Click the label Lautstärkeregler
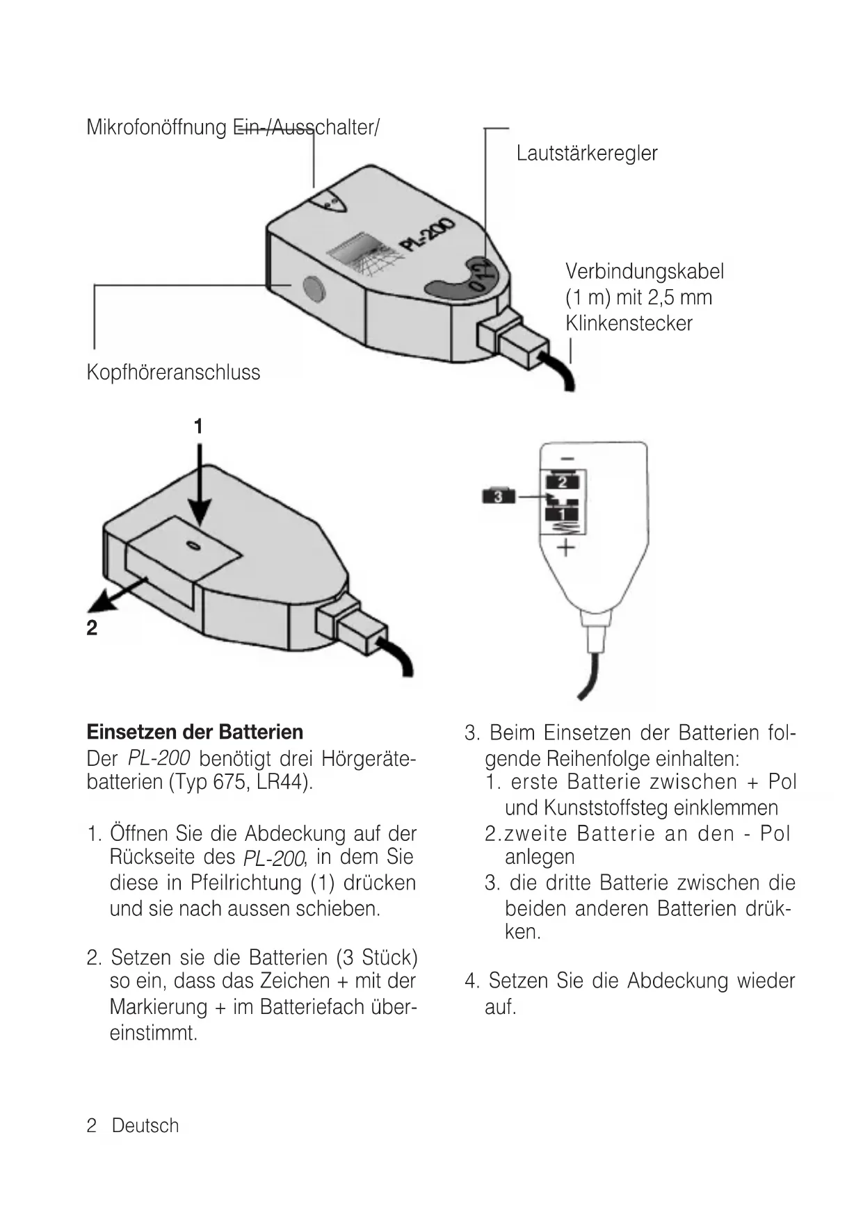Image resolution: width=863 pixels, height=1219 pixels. [x=586, y=154]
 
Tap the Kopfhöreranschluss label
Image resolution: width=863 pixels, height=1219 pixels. [x=173, y=373]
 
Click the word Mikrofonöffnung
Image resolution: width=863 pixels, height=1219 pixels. [x=156, y=128]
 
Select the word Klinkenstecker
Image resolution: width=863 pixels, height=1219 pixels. [x=629, y=324]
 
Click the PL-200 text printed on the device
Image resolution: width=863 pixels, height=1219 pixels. [x=426, y=236]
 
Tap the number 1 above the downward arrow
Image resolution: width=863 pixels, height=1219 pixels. [x=199, y=426]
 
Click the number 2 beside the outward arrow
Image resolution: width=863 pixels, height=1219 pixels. [x=92, y=628]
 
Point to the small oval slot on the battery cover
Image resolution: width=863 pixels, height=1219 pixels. [x=195, y=546]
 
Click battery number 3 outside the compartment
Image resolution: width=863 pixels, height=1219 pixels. [x=498, y=496]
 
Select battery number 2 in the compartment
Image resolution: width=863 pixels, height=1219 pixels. [x=563, y=482]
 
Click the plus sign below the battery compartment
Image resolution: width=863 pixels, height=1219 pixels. [x=566, y=548]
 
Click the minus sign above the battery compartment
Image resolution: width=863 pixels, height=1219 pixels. [x=567, y=459]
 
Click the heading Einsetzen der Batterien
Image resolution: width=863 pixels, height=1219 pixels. [x=195, y=733]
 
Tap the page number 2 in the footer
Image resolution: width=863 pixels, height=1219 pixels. [x=91, y=1126]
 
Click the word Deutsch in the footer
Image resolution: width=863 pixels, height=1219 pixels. [x=145, y=1126]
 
